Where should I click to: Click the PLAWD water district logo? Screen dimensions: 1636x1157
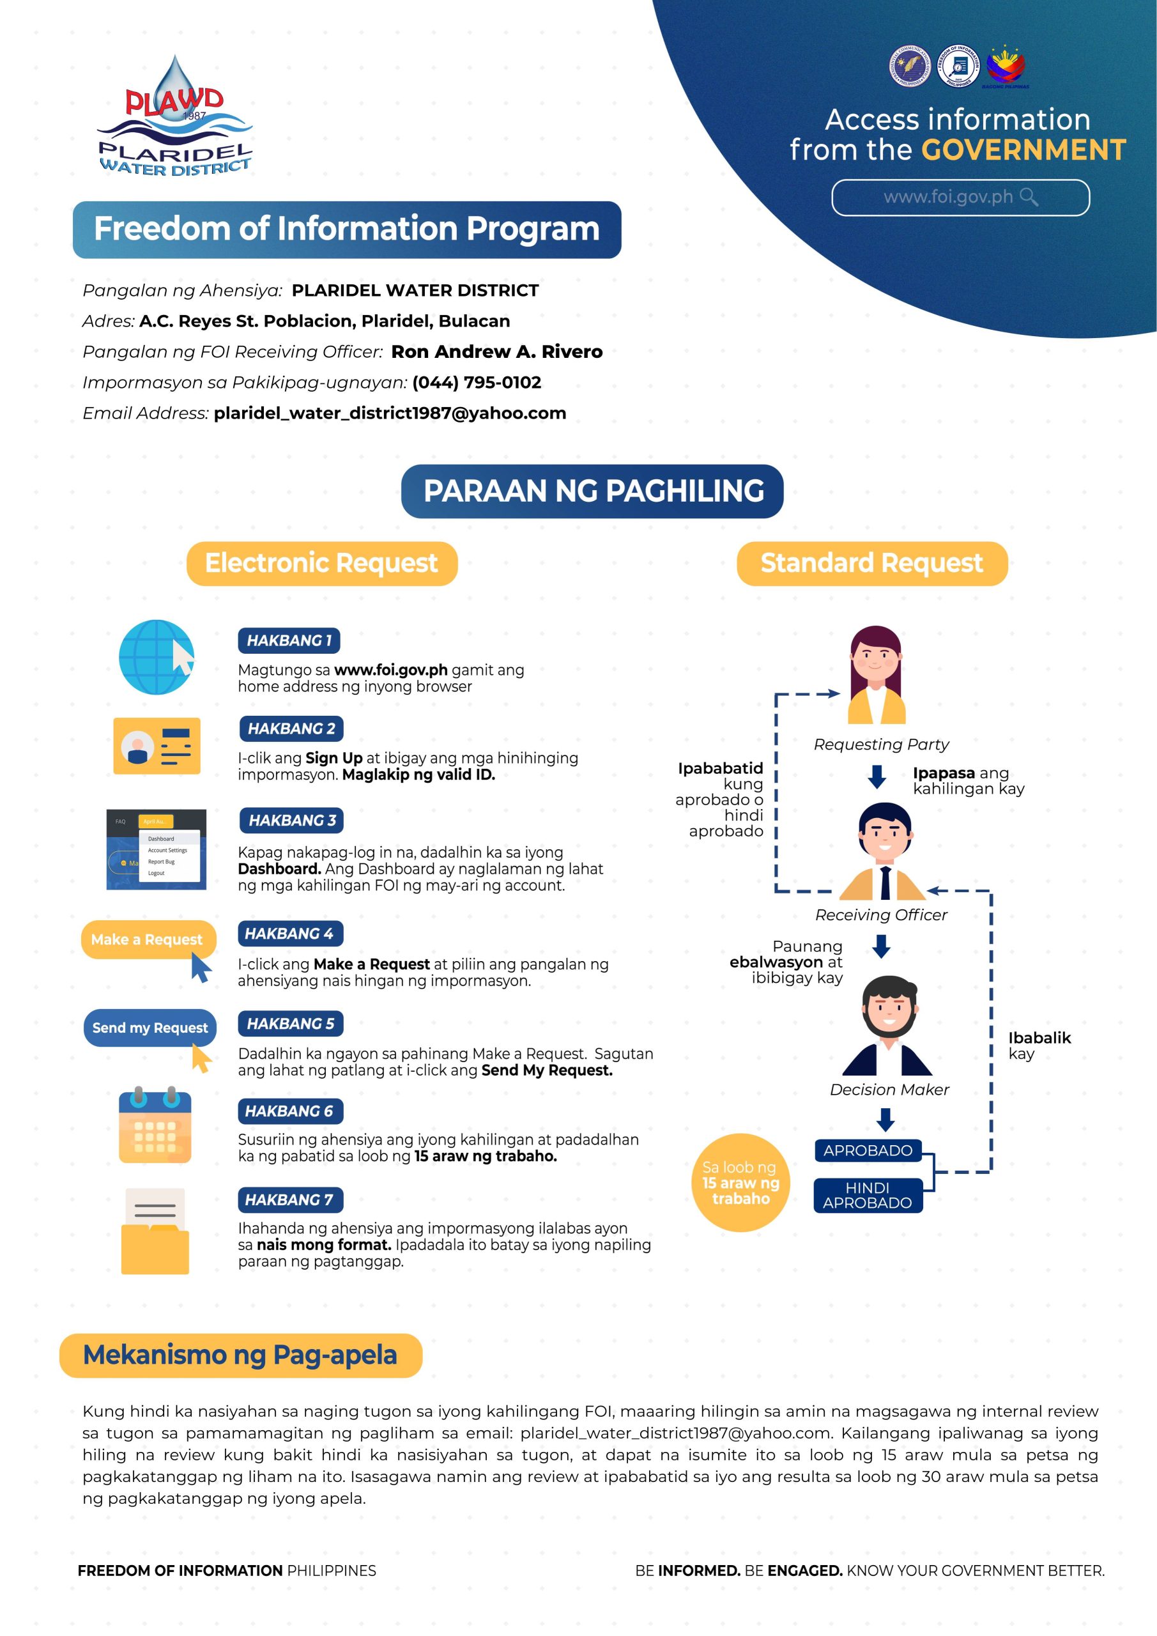[x=174, y=118]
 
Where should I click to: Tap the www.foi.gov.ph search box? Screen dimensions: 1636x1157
[x=960, y=197]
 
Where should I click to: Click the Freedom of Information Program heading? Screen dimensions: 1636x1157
[x=346, y=229]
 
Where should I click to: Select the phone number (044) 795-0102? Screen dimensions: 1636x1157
[x=477, y=383]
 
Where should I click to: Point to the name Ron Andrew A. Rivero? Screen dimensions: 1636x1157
[x=496, y=352]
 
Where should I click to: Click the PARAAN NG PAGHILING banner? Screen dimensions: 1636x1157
[x=592, y=491]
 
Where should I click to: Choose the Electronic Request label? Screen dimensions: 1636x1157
[x=321, y=564]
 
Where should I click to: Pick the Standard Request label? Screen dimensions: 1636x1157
[x=871, y=564]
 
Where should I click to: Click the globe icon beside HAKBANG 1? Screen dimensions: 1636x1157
[x=156, y=657]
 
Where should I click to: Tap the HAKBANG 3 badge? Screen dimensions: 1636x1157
[x=291, y=820]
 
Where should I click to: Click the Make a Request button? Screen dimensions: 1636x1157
[x=148, y=940]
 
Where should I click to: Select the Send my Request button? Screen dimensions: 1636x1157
[x=149, y=1028]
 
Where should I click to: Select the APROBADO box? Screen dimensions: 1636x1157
[x=867, y=1150]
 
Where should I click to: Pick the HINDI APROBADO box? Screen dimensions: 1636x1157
[x=867, y=1195]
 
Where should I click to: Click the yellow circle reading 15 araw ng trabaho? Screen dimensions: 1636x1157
[x=740, y=1182]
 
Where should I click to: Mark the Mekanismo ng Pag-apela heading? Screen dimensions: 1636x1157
[x=240, y=1355]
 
